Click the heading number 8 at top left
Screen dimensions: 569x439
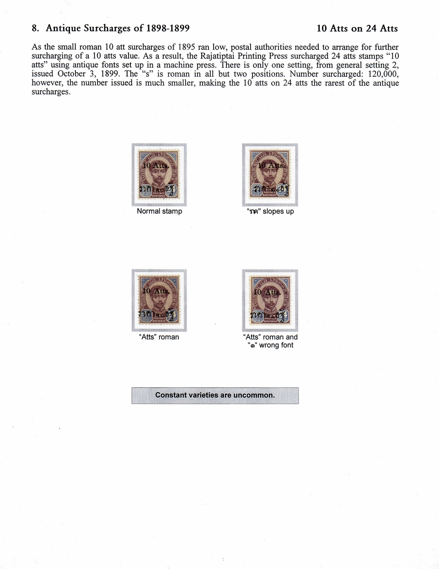pos(35,28)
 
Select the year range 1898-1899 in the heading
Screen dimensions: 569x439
pos(168,28)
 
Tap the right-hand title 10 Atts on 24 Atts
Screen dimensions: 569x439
pos(357,28)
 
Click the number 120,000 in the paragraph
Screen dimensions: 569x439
pos(383,74)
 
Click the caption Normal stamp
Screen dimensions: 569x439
pos(159,211)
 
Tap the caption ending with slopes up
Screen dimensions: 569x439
pos(270,211)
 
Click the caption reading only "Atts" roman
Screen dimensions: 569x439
pos(159,337)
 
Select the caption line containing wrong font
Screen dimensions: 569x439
pos(270,345)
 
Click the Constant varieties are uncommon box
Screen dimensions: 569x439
pos(215,395)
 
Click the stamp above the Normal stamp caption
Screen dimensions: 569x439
pos(159,174)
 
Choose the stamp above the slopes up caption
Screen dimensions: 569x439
pos(270,174)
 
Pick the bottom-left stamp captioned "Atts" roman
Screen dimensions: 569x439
pos(159,300)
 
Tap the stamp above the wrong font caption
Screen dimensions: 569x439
pos(270,300)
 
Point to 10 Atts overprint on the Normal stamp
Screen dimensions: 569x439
pos(156,165)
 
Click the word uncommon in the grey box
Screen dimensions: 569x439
pos(254,395)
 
